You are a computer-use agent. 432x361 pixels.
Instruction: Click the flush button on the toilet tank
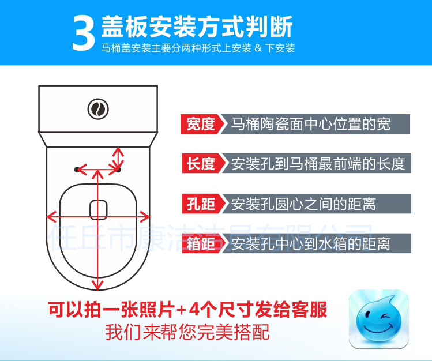98,109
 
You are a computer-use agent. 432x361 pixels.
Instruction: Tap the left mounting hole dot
77,170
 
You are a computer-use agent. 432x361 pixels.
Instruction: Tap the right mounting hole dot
118,170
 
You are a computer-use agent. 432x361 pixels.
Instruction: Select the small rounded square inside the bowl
99,210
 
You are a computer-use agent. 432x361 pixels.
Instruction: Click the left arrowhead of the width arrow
51,217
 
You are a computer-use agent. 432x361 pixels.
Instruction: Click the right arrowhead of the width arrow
145,217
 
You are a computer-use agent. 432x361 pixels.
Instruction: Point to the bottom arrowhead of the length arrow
98,285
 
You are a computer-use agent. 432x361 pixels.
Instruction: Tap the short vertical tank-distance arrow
118,157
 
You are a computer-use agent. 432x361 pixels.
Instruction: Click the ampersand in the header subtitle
258,48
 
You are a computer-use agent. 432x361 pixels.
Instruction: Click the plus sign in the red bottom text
182,310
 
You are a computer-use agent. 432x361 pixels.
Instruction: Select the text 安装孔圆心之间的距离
303,204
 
